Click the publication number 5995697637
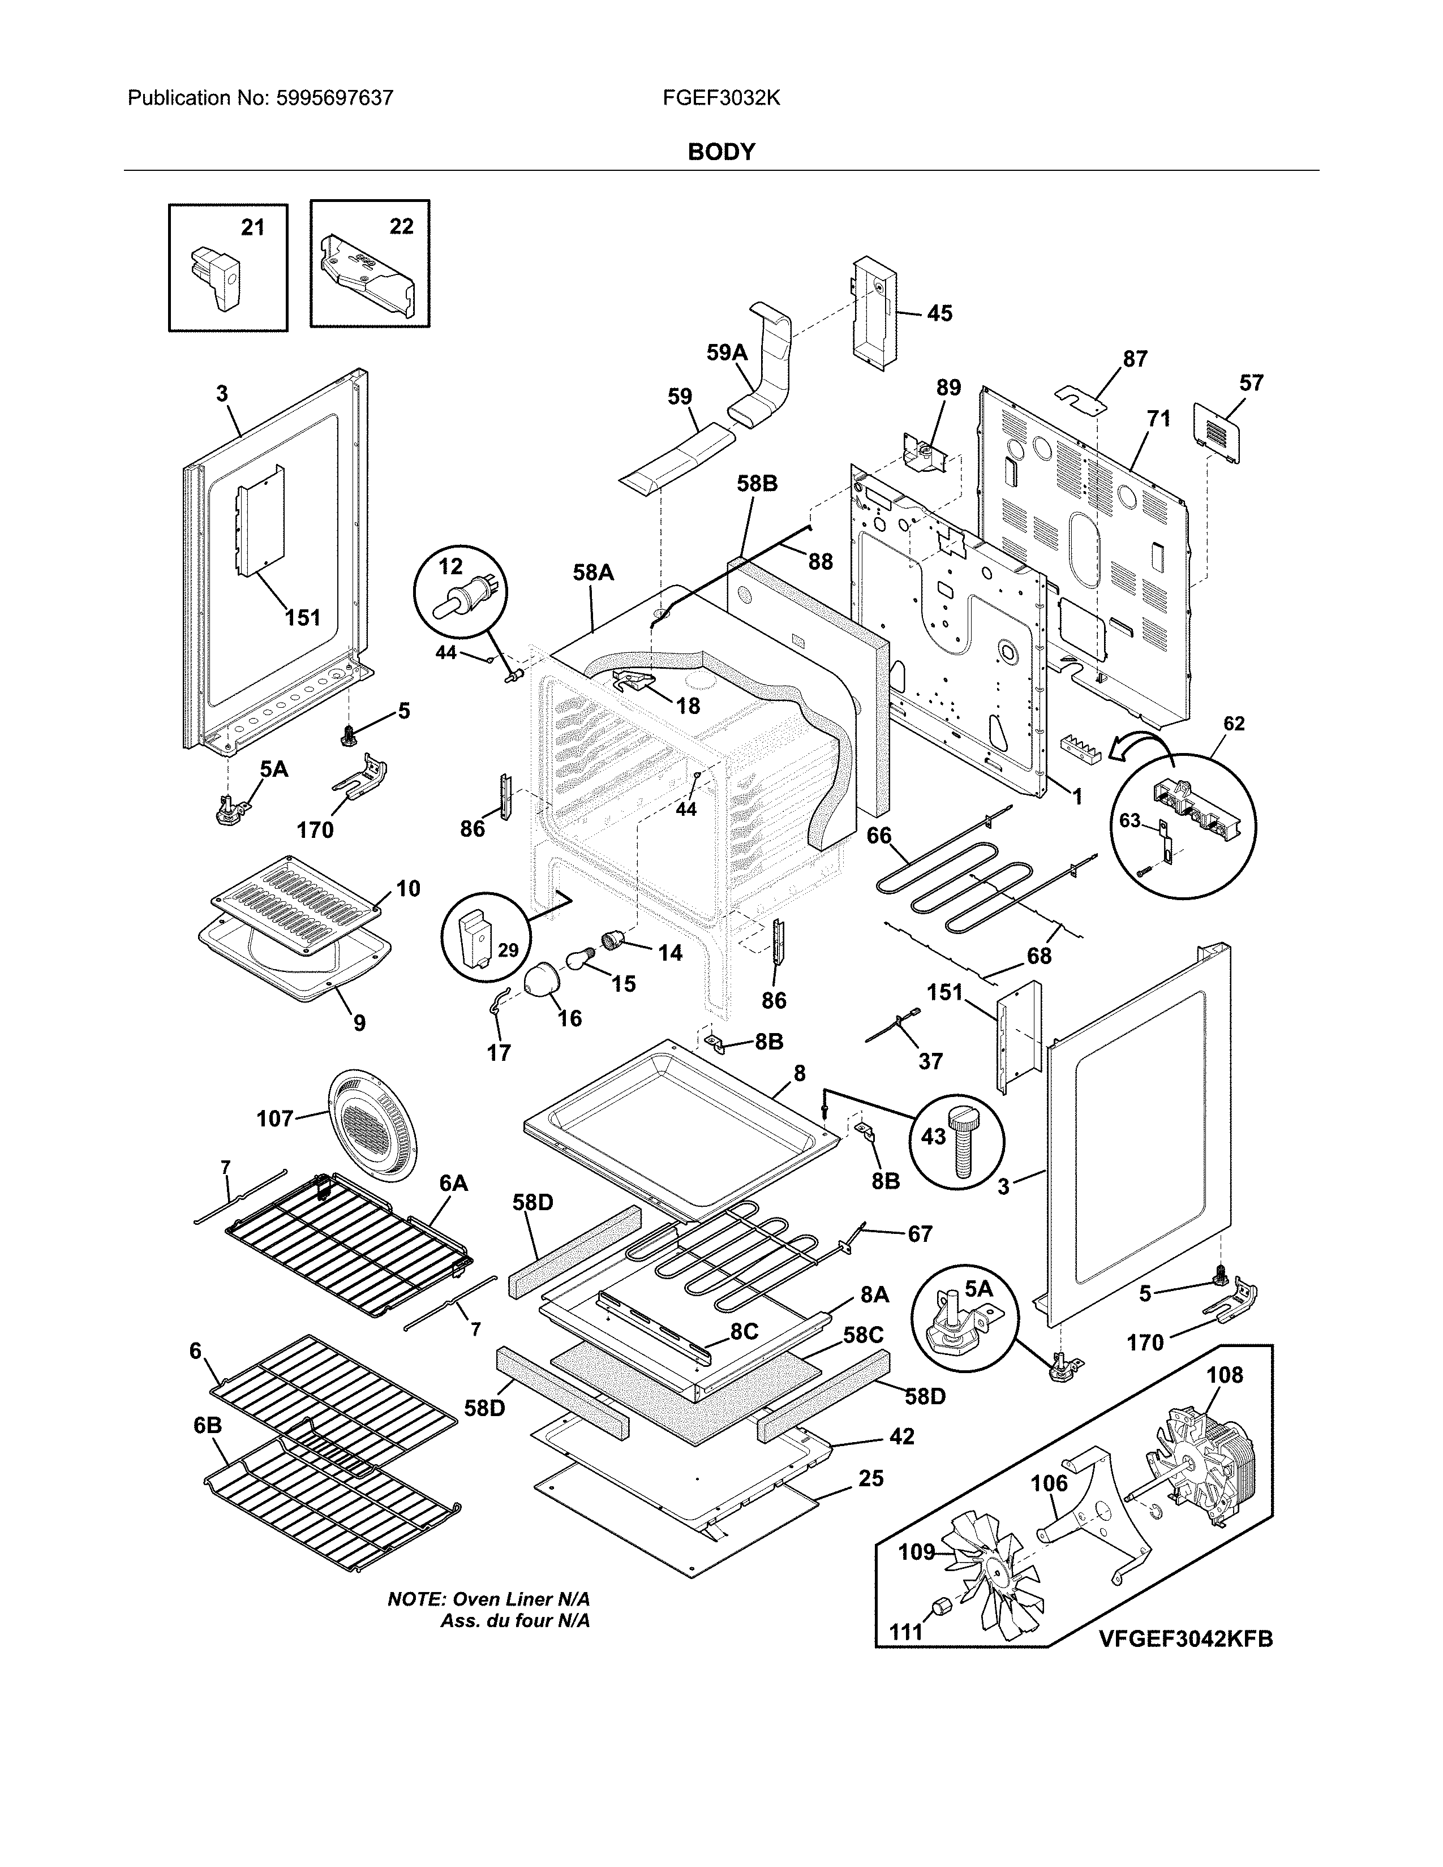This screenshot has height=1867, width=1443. click(x=334, y=98)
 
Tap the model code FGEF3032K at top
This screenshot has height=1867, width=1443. click(x=720, y=98)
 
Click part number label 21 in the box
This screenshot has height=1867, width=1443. click(x=252, y=227)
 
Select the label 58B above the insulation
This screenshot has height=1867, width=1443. click(x=757, y=484)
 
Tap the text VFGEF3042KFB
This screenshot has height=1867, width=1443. click(x=1185, y=1640)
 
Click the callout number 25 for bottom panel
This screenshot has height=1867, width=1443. click(x=870, y=1478)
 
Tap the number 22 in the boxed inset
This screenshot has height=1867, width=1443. click(x=401, y=226)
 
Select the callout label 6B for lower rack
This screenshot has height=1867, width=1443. click(x=208, y=1425)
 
